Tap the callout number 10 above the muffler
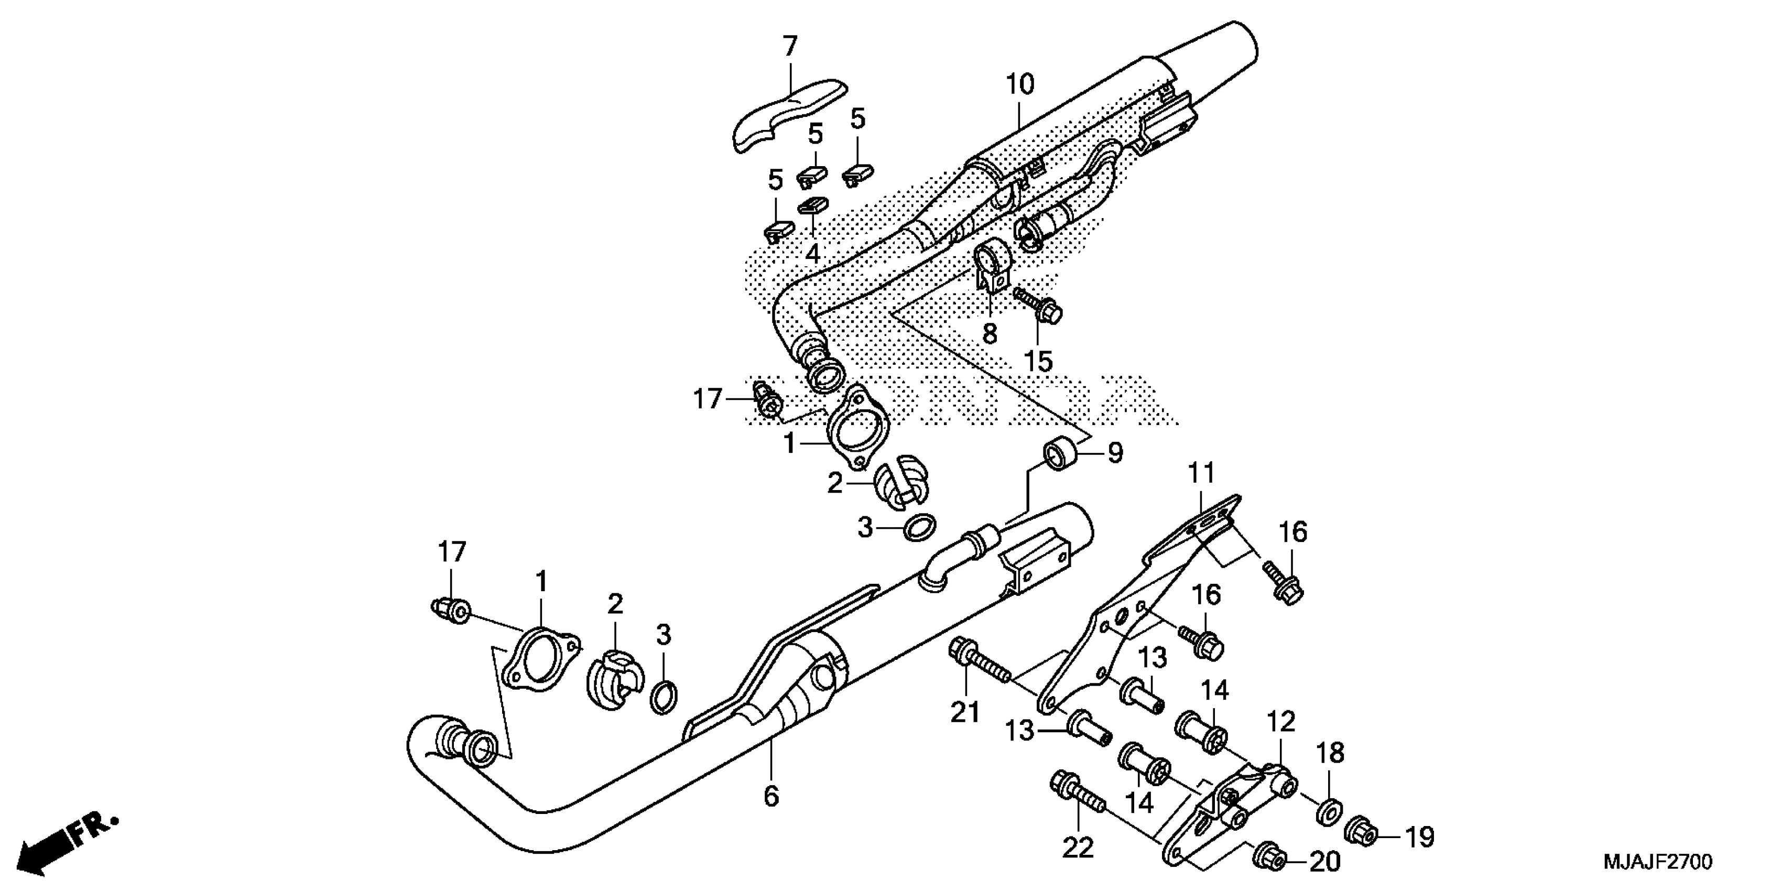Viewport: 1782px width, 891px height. (x=1019, y=84)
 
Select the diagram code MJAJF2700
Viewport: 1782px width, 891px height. (x=1657, y=862)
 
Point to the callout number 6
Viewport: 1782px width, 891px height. (x=772, y=796)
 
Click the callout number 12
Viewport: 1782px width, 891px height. (x=1280, y=722)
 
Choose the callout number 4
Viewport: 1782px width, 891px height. (x=813, y=254)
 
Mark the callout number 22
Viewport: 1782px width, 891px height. (x=1078, y=847)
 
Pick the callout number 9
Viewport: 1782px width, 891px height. (x=1114, y=453)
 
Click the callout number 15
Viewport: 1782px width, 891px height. (x=1038, y=361)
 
